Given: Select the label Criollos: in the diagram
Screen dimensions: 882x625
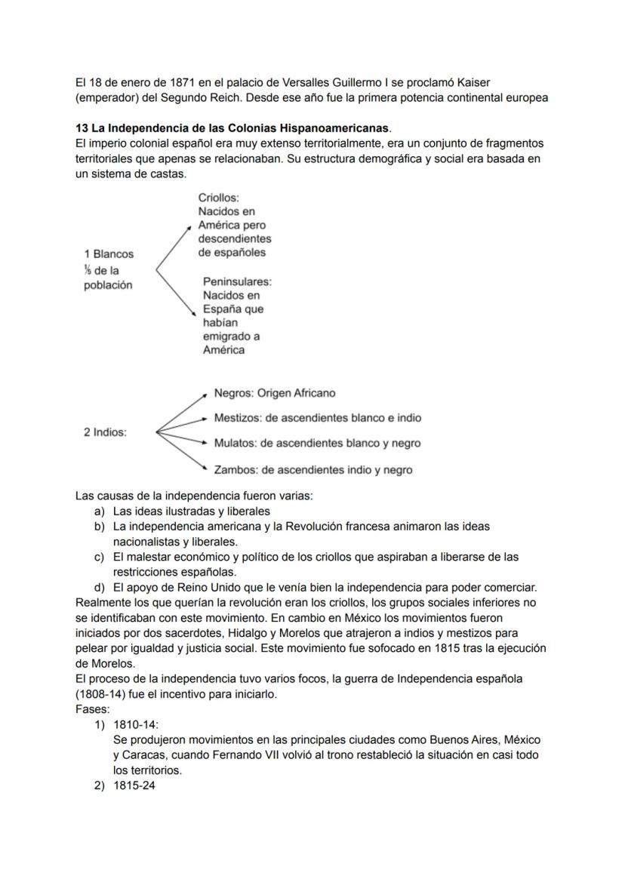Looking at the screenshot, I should (218, 198).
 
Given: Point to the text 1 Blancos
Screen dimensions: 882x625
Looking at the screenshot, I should (109, 254).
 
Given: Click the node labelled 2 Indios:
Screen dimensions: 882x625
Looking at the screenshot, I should (105, 432).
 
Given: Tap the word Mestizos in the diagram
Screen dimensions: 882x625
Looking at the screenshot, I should (237, 417).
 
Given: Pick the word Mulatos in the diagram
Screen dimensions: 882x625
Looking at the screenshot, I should (235, 443).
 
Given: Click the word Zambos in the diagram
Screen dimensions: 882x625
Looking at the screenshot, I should (236, 469).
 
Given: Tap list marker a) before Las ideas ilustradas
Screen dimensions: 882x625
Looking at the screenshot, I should (99, 511).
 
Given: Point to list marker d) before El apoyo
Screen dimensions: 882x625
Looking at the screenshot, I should (99, 586).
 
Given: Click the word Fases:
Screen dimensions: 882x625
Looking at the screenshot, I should (92, 709).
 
